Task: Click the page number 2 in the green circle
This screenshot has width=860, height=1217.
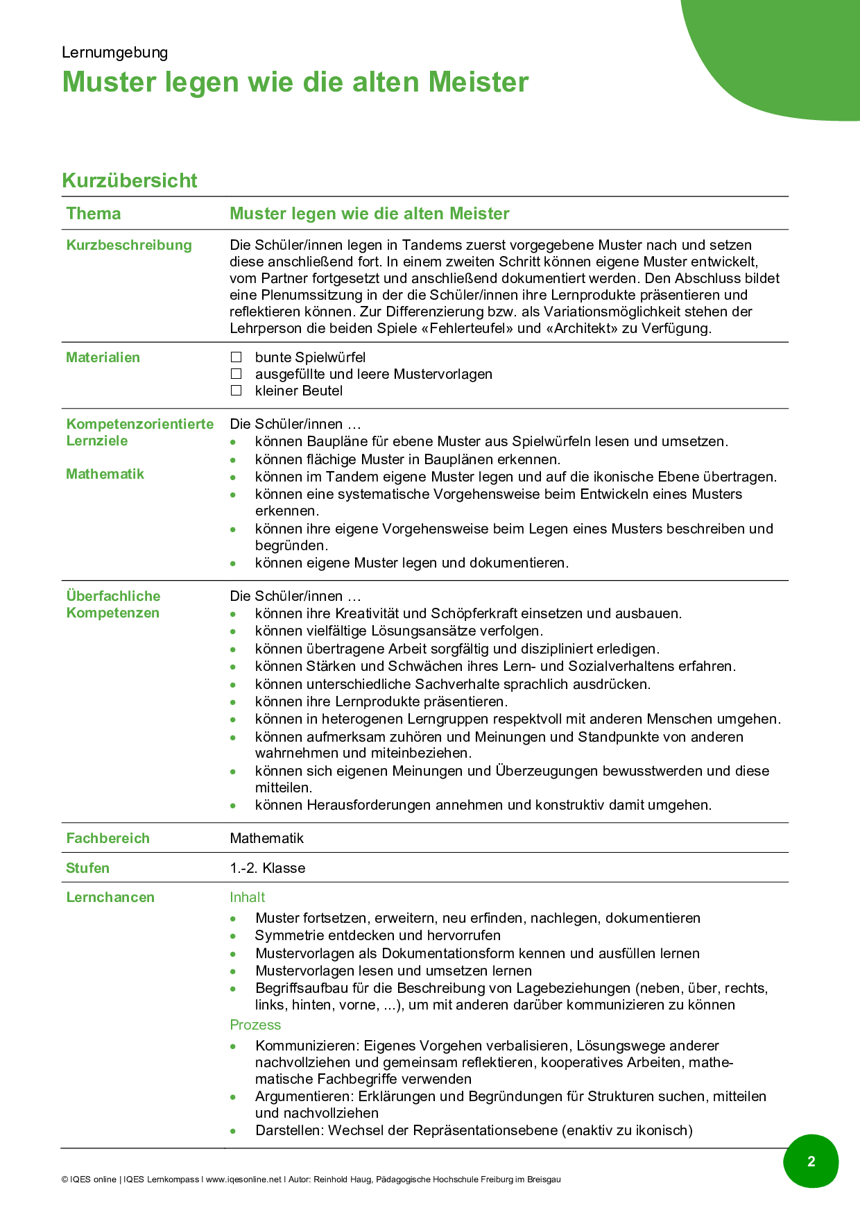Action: click(x=811, y=1161)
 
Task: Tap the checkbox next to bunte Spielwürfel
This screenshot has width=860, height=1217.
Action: click(x=237, y=357)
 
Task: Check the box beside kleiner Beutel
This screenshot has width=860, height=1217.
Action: click(x=237, y=391)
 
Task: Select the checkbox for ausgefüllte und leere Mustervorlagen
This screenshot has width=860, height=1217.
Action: click(x=237, y=374)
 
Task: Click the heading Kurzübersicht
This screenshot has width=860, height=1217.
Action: click(x=130, y=180)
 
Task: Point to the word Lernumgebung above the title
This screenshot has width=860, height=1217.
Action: click(x=114, y=53)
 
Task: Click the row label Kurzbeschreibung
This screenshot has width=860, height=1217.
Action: click(x=129, y=245)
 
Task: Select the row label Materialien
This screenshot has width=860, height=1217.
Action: click(x=103, y=357)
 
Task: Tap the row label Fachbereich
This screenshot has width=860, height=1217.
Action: click(x=108, y=838)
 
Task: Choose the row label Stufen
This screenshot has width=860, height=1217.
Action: click(x=87, y=868)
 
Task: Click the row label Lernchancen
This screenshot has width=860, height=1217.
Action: click(x=110, y=897)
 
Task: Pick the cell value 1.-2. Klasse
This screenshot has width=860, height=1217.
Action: click(x=268, y=868)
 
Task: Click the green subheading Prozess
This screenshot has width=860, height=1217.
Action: click(x=255, y=1025)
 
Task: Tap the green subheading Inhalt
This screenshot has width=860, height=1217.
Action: click(x=248, y=897)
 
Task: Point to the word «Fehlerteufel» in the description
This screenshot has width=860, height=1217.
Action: click(x=467, y=328)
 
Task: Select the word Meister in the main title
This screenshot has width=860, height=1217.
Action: click(x=479, y=82)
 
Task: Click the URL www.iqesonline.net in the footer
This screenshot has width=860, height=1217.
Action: click(x=244, y=1180)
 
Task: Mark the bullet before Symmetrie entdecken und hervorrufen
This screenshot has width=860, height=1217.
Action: click(x=234, y=936)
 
